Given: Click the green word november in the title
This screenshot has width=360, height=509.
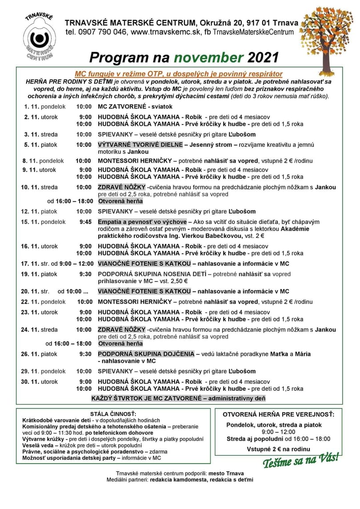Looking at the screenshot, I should click(208, 57).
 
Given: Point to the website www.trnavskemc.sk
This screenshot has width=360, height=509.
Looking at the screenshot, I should click(164, 32).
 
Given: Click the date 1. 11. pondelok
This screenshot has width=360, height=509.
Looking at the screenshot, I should click(45, 107).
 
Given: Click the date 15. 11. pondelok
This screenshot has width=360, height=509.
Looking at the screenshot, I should click(44, 221).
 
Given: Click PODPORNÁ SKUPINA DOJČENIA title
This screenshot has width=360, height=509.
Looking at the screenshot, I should click(146, 354).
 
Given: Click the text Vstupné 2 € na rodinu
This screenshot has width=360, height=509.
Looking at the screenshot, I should click(278, 449).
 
